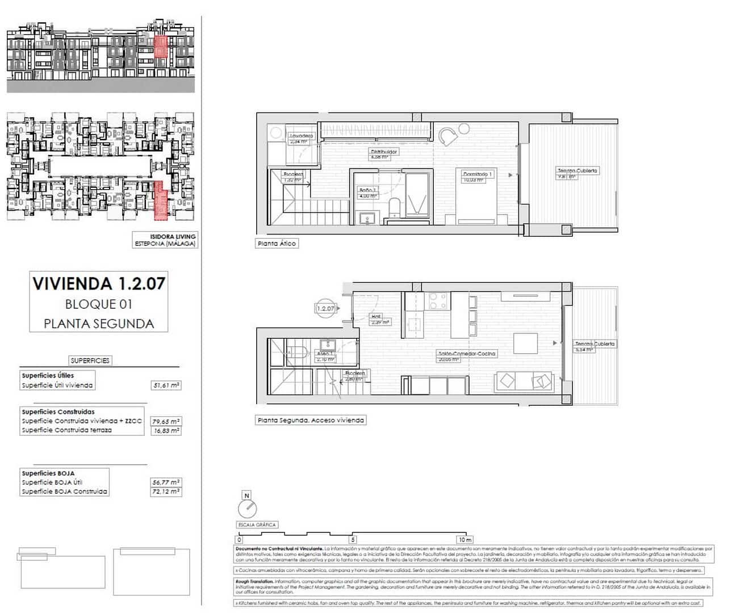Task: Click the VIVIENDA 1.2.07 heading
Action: click(99, 284)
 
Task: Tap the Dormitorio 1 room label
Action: click(477, 174)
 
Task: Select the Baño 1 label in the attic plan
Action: click(367, 190)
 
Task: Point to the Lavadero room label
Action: click(301, 136)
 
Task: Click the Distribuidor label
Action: click(384, 152)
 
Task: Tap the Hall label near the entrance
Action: click(376, 317)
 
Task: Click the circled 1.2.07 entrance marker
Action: click(325, 308)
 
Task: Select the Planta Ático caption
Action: click(277, 243)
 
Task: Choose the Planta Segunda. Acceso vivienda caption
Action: click(310, 421)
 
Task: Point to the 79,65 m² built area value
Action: click(166, 422)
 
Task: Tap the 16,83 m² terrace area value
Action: click(166, 431)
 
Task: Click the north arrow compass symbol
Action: click(247, 506)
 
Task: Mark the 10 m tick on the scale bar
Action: click(465, 540)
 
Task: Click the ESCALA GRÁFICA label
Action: click(257, 525)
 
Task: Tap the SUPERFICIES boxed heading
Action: click(90, 360)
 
